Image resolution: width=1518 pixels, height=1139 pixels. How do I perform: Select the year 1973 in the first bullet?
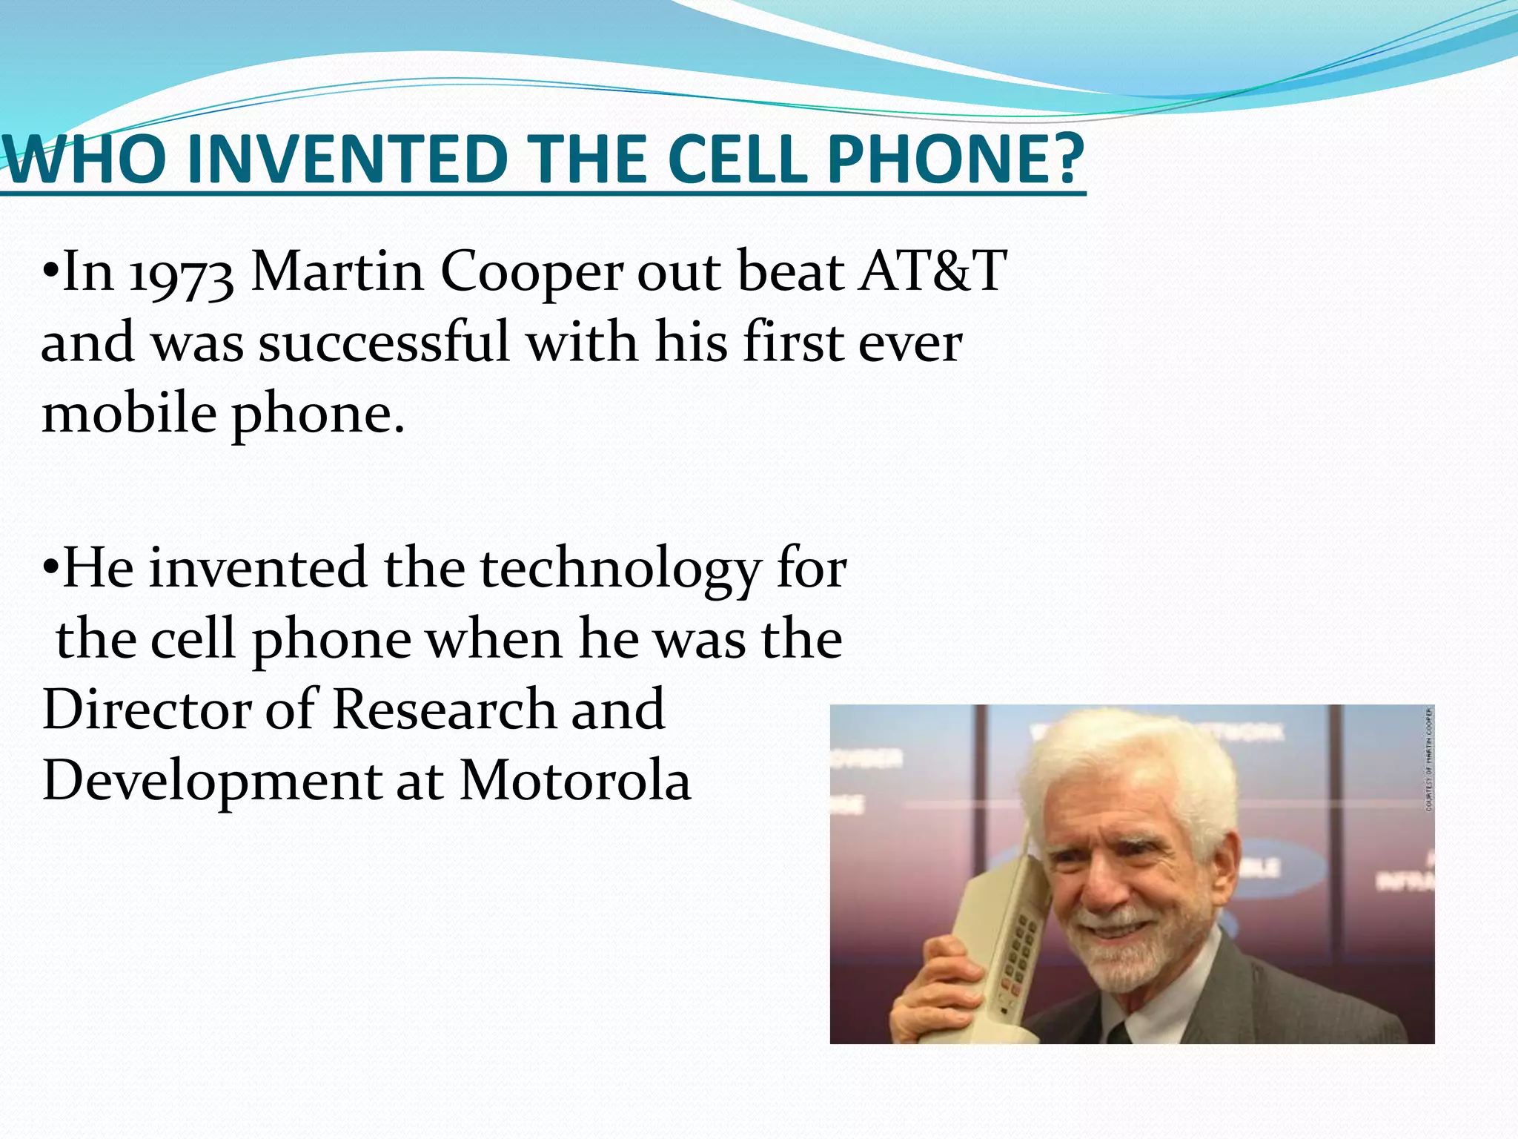[x=182, y=274]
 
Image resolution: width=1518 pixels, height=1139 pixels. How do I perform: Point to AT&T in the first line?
[x=933, y=271]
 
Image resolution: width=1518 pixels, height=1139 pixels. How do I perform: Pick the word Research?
[x=443, y=710]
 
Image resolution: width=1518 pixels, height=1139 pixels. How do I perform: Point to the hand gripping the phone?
[x=934, y=986]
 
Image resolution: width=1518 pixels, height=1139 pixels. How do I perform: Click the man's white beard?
[x=1127, y=957]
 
